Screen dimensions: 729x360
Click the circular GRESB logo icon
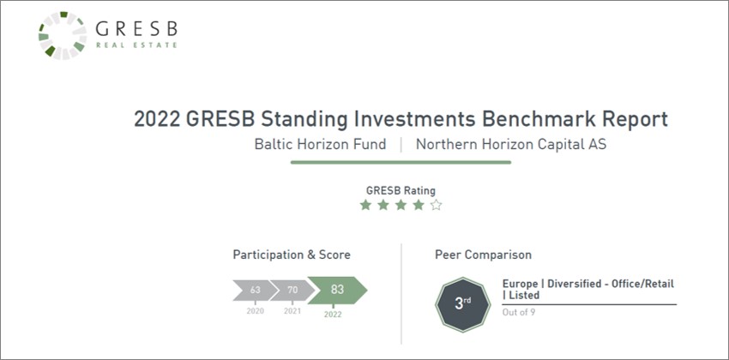coord(63,36)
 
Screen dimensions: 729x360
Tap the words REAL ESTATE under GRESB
coord(136,45)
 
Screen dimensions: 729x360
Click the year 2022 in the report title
coord(157,119)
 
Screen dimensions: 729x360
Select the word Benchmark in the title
coord(539,119)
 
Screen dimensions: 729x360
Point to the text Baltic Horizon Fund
coord(321,144)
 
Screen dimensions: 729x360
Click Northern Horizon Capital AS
coord(511,144)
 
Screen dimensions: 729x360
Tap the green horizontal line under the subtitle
coord(401,162)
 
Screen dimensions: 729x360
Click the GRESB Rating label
coord(401,190)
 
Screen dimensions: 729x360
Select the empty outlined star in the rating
coord(436,205)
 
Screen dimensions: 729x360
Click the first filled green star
coord(365,205)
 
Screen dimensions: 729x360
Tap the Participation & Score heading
coord(292,255)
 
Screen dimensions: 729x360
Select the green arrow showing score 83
coord(337,291)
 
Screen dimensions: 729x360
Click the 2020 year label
coord(256,311)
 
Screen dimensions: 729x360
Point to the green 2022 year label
coord(333,315)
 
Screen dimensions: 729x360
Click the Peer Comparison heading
coord(483,255)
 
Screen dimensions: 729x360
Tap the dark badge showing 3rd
coord(462,304)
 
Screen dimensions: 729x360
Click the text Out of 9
coord(518,312)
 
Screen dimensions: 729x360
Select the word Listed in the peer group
coord(524,295)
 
